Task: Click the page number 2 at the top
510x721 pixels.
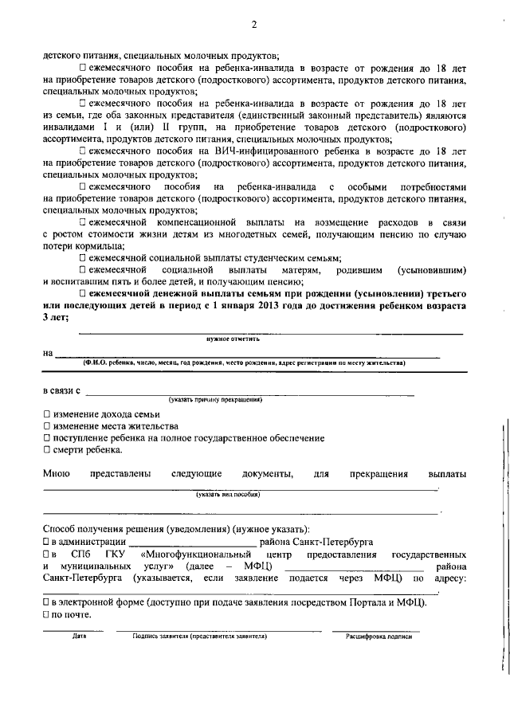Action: pos(254,25)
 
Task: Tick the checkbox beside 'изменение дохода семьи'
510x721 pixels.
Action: pos(46,414)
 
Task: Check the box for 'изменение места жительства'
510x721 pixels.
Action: pos(46,426)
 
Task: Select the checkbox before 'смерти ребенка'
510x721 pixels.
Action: pos(46,450)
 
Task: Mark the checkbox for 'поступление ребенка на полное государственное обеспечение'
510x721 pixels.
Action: pos(46,438)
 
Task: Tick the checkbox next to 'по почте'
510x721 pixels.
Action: pos(46,614)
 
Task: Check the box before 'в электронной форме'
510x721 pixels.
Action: pos(46,602)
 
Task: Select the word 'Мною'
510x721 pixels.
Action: pos(57,475)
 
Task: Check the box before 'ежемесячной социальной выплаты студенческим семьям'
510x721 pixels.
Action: pos(83,257)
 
